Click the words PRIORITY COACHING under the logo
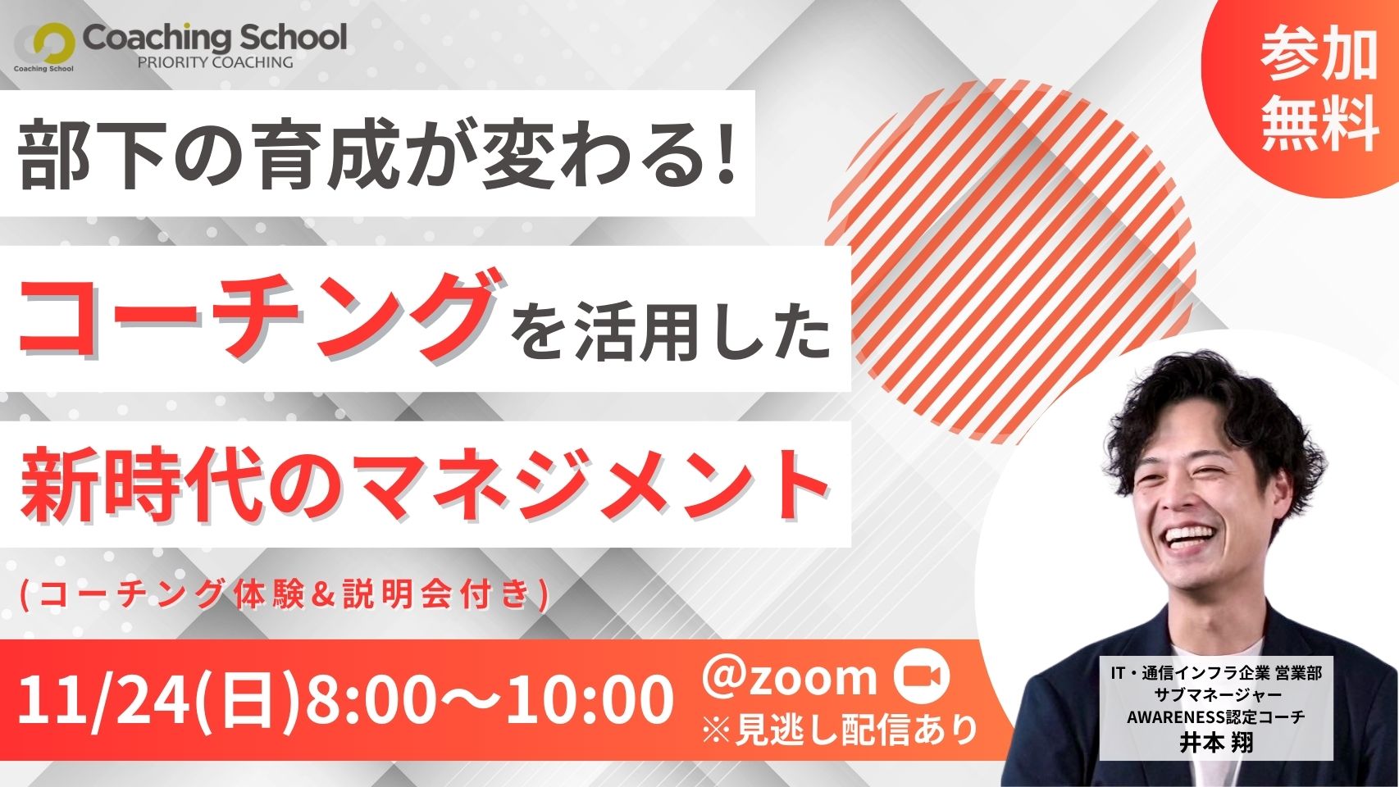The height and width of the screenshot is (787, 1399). click(x=215, y=62)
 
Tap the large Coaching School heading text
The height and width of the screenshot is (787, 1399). click(x=215, y=38)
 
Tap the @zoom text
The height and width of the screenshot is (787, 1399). click(x=788, y=677)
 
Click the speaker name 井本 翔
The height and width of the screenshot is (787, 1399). click(x=1215, y=744)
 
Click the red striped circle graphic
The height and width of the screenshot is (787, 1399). click(x=1012, y=262)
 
